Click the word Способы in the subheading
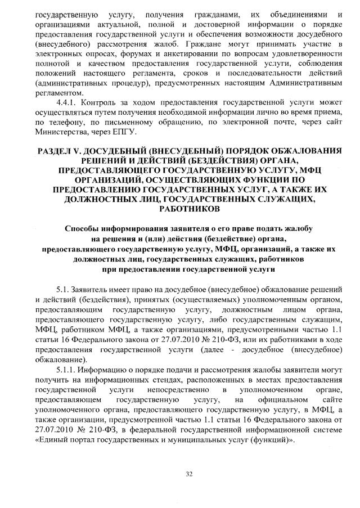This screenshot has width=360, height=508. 83,230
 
